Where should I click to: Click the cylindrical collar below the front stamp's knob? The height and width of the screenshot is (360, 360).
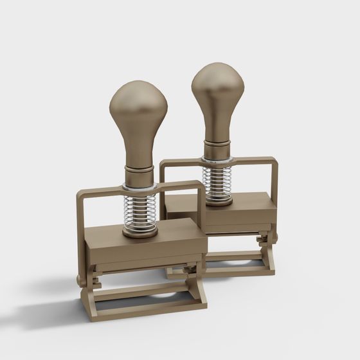tap(139, 175)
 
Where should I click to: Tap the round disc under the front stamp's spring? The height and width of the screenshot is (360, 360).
tap(140, 231)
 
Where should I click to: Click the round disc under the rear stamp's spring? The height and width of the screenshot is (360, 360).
tap(218, 201)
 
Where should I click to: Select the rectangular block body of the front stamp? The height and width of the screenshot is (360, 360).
tap(145, 248)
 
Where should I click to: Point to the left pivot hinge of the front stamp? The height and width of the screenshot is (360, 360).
tap(82, 280)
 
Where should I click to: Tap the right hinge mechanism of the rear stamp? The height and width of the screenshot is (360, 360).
tap(265, 240)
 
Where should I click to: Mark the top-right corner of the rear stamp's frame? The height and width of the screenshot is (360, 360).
tap(274, 161)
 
